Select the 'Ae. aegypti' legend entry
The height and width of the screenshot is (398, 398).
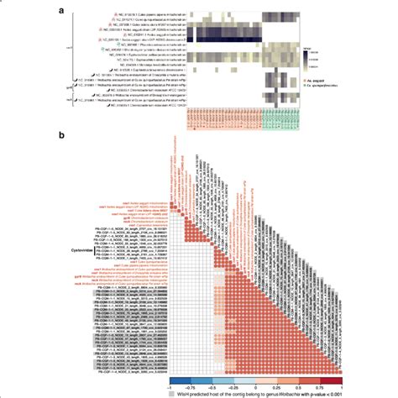[323, 78]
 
